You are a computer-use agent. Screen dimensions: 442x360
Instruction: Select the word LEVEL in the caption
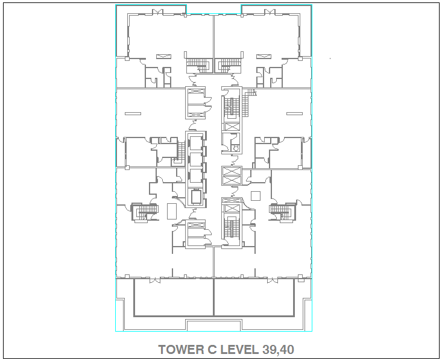(239, 350)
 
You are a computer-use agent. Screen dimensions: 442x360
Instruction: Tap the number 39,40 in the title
(278, 350)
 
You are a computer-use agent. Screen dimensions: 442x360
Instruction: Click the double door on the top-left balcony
(157, 12)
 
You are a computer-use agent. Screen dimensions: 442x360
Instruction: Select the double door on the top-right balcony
(270, 12)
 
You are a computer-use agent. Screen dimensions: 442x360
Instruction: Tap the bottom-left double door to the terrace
(155, 280)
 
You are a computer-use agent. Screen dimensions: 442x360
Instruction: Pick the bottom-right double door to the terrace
(273, 280)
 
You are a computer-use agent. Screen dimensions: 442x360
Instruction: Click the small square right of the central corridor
(256, 196)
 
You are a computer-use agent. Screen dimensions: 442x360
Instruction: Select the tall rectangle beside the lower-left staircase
(172, 212)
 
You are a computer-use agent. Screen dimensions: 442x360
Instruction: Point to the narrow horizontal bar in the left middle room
(133, 113)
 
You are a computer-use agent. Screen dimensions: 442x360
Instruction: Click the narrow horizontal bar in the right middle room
(295, 113)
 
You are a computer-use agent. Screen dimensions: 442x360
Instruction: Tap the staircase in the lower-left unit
(145, 212)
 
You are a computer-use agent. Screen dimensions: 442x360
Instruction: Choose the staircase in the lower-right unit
(283, 212)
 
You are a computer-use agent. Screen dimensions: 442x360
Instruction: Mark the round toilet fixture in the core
(236, 148)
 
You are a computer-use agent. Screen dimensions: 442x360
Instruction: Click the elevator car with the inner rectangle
(197, 197)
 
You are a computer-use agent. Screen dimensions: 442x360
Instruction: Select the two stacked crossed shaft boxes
(232, 176)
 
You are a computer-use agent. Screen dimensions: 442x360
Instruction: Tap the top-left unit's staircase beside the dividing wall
(199, 66)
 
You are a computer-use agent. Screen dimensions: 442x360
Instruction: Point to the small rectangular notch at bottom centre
(214, 325)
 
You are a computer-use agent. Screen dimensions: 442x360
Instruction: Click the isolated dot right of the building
(330, 58)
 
